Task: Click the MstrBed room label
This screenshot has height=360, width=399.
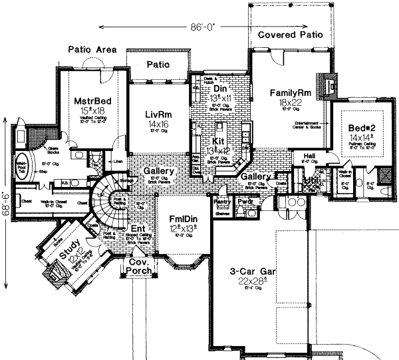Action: [x=78, y=101]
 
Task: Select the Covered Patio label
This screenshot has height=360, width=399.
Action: [x=286, y=34]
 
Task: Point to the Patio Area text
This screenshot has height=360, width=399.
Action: [x=92, y=50]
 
